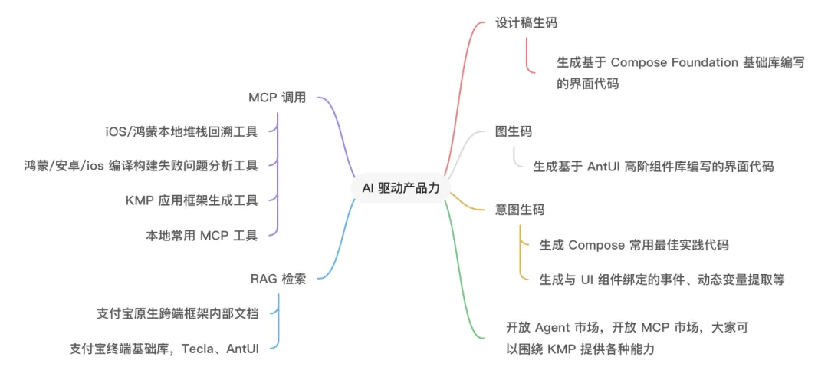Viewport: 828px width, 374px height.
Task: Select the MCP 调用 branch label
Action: tap(277, 98)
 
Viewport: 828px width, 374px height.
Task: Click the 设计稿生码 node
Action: tap(526, 22)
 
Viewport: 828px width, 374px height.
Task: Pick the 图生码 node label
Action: tap(514, 131)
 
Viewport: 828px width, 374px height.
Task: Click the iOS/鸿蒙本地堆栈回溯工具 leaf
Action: tap(181, 131)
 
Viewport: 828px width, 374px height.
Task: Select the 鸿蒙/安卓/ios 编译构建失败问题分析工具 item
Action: tap(140, 165)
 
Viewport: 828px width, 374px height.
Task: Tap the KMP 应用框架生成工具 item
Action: tap(191, 200)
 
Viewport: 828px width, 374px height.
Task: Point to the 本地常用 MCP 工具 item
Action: tap(202, 235)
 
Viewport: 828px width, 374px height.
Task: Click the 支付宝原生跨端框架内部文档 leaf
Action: tap(178, 313)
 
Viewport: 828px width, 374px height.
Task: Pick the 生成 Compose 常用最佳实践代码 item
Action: tap(633, 245)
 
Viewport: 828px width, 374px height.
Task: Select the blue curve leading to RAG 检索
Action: tap(337, 246)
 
